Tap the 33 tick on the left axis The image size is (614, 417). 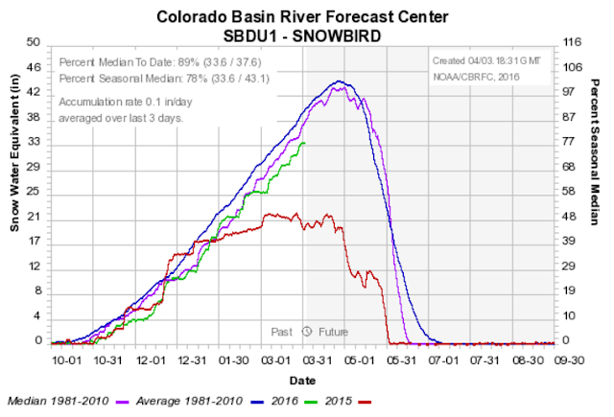click(x=34, y=142)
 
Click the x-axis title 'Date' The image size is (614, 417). click(x=304, y=380)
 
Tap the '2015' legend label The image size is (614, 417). click(x=339, y=400)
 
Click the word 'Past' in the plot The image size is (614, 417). click(x=281, y=332)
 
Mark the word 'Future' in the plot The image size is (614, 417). click(x=333, y=332)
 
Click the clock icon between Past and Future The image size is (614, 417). click(x=306, y=332)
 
